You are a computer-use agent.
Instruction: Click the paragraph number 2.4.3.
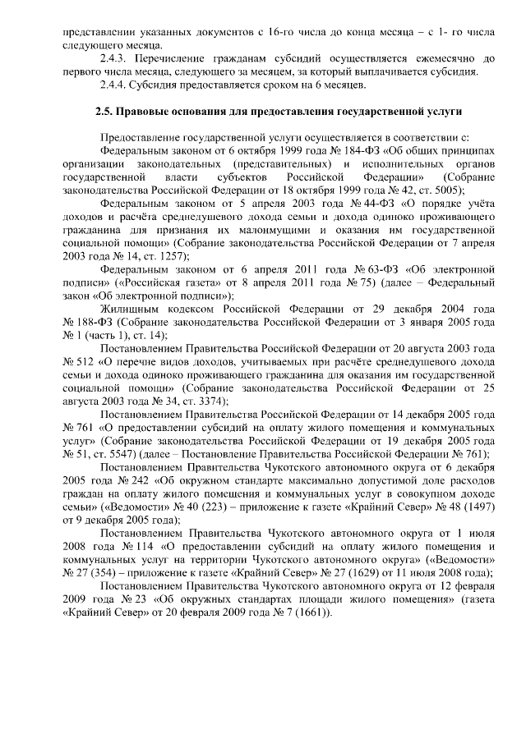[113, 59]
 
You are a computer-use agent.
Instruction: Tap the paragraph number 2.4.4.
[113, 85]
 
